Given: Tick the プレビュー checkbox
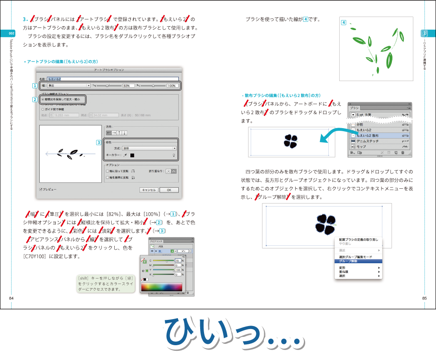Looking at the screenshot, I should click(41, 190).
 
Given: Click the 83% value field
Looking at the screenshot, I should click(128, 86).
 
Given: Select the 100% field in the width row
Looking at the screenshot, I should click(172, 86).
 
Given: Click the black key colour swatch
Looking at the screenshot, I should click(132, 155).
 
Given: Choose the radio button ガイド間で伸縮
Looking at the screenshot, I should click(43, 109).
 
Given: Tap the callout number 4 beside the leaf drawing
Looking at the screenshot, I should click(344, 23).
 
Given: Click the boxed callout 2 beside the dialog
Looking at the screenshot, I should click(34, 99).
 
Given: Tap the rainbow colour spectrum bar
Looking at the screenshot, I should click(161, 287).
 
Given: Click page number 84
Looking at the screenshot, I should click(11, 298).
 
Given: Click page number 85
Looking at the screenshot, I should click(424, 298).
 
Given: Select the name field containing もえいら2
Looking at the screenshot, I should click(112, 79).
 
